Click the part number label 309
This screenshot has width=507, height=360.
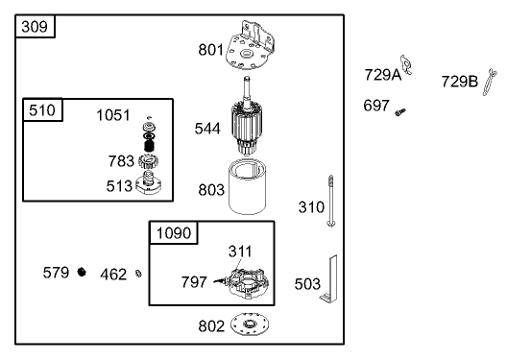pyautogui.click(x=35, y=27)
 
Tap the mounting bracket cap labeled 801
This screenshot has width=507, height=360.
pyautogui.click(x=250, y=45)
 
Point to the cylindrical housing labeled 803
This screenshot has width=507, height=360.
pyautogui.click(x=248, y=187)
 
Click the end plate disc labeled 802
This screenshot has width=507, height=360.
pyautogui.click(x=250, y=324)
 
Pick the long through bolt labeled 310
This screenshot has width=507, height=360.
pyautogui.click(x=330, y=201)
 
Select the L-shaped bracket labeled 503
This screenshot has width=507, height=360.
pyautogui.click(x=329, y=279)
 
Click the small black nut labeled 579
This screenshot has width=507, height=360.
pyautogui.click(x=82, y=272)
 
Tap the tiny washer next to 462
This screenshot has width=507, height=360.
pyautogui.click(x=138, y=274)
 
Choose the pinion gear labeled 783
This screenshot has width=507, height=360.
pyautogui.click(x=149, y=161)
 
